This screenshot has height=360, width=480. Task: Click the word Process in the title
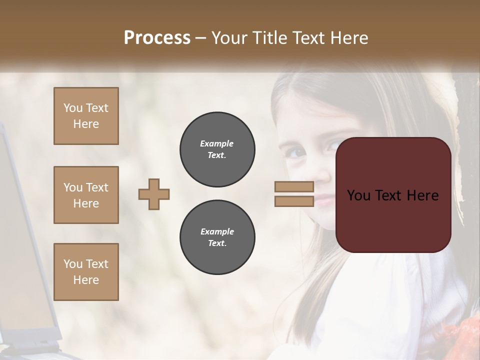(x=157, y=38)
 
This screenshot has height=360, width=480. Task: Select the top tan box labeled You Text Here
(x=86, y=116)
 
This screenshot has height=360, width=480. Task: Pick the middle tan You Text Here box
(x=86, y=195)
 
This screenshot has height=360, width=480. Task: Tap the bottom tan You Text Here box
(x=86, y=271)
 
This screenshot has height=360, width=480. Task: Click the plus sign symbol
(x=154, y=194)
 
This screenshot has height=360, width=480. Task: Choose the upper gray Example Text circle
(x=217, y=149)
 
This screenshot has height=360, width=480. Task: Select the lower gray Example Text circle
(x=217, y=237)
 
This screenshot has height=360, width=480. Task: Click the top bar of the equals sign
(x=294, y=186)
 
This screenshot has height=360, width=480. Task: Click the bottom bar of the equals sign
(x=294, y=201)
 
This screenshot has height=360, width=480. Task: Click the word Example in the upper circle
(x=217, y=143)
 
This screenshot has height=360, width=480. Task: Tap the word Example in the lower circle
(x=217, y=231)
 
